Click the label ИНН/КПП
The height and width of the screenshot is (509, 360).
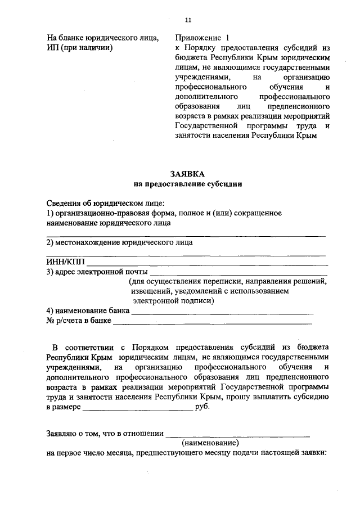pyautogui.click(x=65, y=262)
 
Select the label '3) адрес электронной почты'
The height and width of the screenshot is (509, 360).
pyautogui.click(x=97, y=272)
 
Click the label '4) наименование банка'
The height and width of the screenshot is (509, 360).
pyautogui.click(x=88, y=310)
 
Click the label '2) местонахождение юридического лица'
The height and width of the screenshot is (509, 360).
pyautogui.click(x=119, y=242)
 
